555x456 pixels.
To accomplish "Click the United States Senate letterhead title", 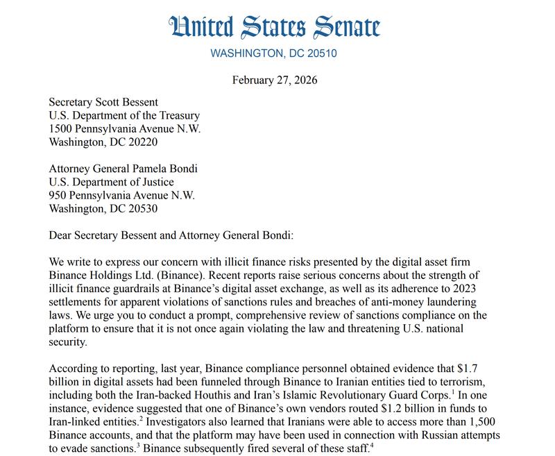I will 275,27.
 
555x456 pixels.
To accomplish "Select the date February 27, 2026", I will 275,80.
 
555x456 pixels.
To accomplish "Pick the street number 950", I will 59,195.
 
